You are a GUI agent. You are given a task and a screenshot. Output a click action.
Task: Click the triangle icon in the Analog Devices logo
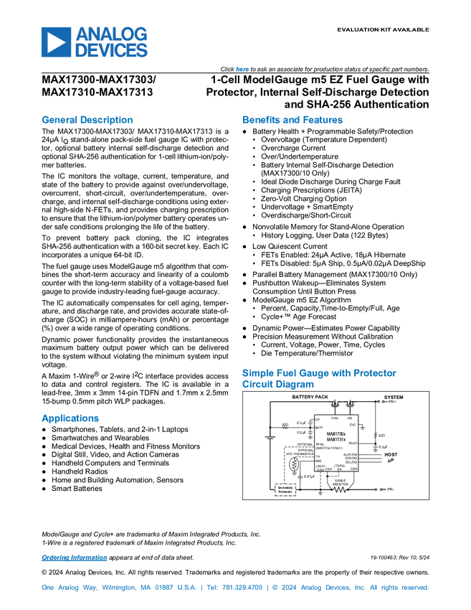point(55,42)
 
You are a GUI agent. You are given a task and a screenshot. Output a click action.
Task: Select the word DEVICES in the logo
point(112,51)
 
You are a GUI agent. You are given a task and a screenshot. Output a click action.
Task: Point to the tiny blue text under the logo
point(242,70)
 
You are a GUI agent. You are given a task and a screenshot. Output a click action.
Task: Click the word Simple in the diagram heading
point(255,373)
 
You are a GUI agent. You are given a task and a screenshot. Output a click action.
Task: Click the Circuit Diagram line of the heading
point(277,385)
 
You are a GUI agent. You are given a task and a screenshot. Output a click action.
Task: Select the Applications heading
point(70,419)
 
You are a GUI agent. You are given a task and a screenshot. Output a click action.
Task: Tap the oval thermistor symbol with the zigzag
point(293,464)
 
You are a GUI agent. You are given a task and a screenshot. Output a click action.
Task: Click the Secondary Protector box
point(285,489)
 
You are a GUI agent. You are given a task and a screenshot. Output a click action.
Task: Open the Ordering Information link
point(74,558)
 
